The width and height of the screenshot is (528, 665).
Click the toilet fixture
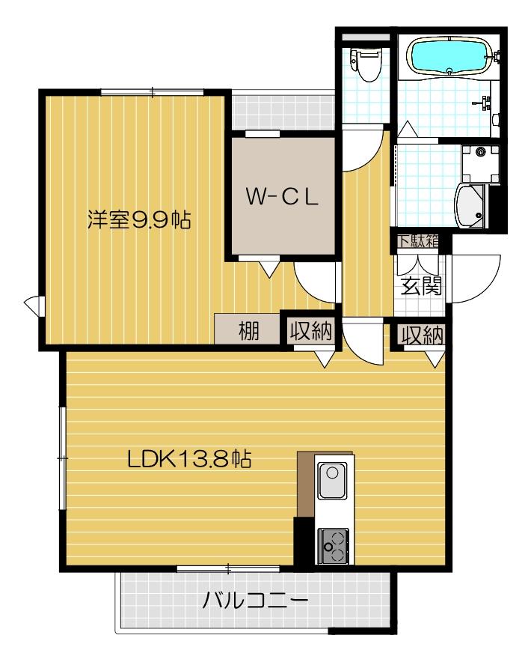point(365,65)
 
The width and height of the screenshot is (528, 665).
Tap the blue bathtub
point(449,57)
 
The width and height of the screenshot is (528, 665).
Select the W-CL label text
point(283,197)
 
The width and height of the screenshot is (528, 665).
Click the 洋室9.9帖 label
point(138,220)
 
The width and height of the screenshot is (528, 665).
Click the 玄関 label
point(420,285)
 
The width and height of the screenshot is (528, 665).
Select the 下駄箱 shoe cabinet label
point(417,241)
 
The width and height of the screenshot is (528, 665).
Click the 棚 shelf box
point(248,330)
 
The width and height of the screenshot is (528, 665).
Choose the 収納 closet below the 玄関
point(420,335)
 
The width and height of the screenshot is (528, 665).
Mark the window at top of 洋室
point(153,92)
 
